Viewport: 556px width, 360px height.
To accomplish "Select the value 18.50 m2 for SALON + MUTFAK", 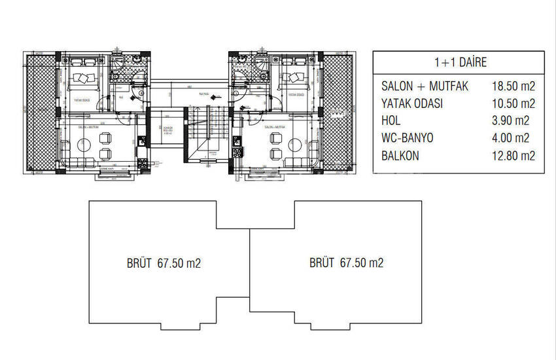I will (513, 86).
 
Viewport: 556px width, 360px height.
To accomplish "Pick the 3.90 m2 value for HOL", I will (513, 120).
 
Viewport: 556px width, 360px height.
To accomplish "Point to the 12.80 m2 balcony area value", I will (513, 155).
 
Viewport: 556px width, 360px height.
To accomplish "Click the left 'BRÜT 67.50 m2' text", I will (164, 263).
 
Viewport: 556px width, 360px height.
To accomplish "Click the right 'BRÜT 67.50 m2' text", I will (346, 263).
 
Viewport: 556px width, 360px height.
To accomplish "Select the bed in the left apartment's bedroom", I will (83, 77).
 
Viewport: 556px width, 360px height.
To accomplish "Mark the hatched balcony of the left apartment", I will (39, 111).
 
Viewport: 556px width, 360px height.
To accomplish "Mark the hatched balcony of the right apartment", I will (338, 111).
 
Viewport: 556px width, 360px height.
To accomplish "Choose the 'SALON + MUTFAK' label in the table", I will (425, 86).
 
